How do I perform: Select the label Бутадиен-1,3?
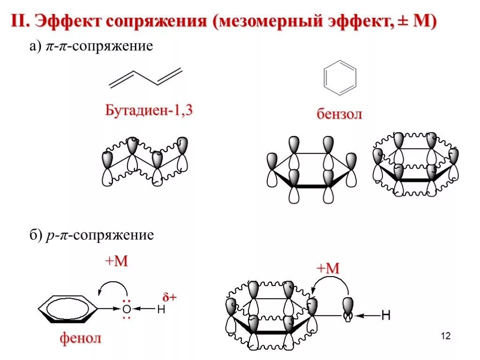(x=149, y=111)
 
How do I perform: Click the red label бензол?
(x=339, y=114)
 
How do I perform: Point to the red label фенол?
(x=80, y=337)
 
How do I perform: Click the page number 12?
(x=445, y=336)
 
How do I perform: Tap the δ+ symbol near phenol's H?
(x=169, y=297)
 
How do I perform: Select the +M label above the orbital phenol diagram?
(x=328, y=268)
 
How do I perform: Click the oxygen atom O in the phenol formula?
(x=126, y=309)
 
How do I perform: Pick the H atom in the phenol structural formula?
(x=161, y=309)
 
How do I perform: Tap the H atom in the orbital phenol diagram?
(x=385, y=315)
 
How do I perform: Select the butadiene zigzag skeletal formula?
(x=145, y=78)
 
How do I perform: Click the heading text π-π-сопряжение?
(x=99, y=47)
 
